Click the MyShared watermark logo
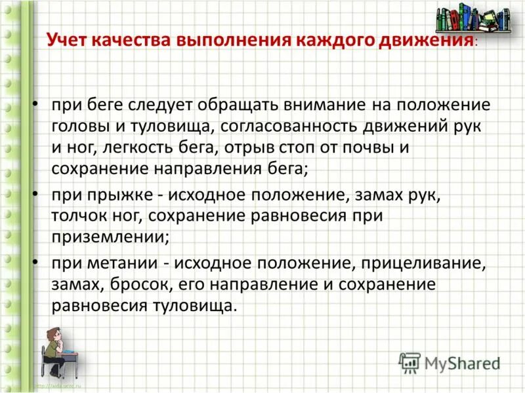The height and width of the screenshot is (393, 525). [450, 362]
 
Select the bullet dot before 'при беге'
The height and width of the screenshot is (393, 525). [37, 105]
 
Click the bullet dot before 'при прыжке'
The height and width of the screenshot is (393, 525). [37, 195]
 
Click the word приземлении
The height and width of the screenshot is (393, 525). [110, 236]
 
